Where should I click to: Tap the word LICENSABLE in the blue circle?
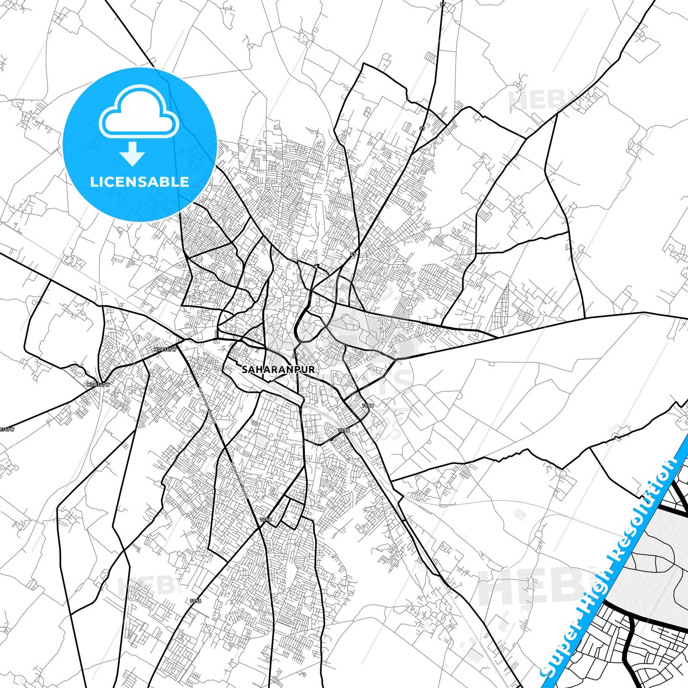140,182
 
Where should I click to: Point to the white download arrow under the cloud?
132,153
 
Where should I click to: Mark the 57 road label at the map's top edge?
443,4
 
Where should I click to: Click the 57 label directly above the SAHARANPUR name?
295,356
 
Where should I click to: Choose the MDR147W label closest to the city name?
165,349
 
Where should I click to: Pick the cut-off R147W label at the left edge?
7,429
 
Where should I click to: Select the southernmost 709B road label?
195,601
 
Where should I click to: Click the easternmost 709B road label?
368,406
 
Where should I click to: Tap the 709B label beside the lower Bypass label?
266,519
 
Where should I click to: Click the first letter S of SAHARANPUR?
245,369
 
